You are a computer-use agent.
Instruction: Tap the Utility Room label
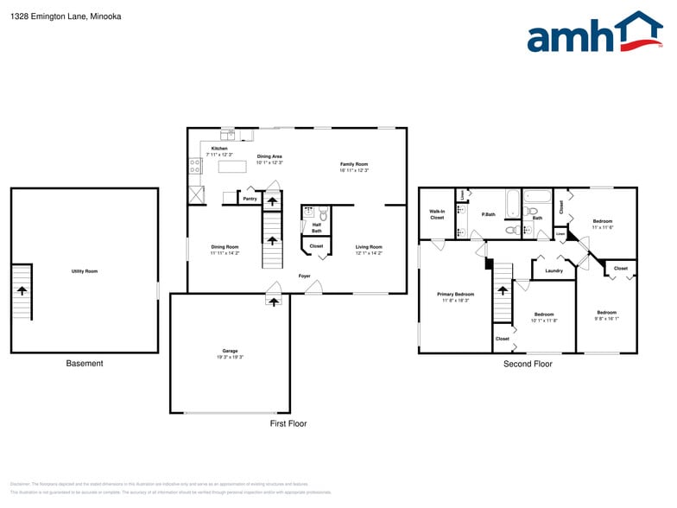click(x=85, y=271)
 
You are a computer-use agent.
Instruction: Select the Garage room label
click(x=229, y=351)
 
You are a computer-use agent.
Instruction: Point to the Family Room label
click(x=354, y=164)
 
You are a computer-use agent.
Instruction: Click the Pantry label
click(x=250, y=199)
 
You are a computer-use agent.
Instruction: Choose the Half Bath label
click(x=316, y=228)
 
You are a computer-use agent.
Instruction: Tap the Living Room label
click(x=369, y=247)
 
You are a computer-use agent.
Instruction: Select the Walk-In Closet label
click(x=437, y=214)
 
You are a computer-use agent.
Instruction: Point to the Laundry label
click(x=554, y=271)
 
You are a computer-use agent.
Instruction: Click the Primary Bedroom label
click(x=455, y=295)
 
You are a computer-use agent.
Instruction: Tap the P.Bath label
click(x=489, y=214)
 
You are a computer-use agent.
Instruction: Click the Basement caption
click(x=85, y=364)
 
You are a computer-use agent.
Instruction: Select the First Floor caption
click(x=288, y=423)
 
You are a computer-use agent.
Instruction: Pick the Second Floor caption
click(x=528, y=364)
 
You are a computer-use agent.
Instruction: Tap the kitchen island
click(x=229, y=166)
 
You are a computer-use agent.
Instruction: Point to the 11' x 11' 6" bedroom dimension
click(x=603, y=227)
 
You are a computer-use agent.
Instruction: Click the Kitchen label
click(x=219, y=149)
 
